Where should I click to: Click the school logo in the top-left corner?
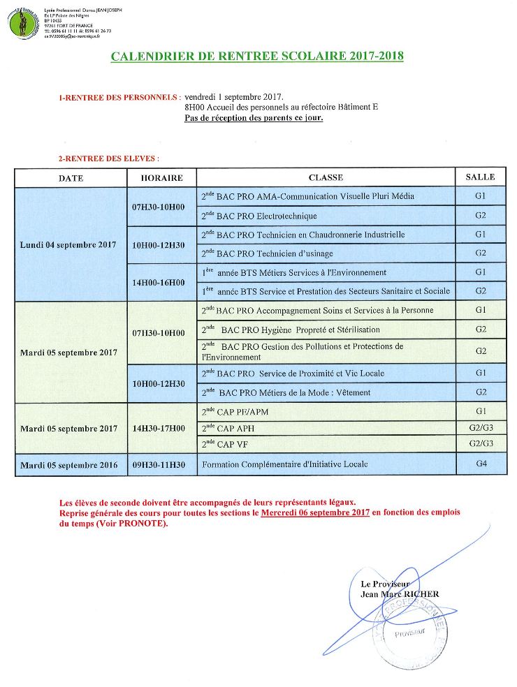tap(22, 22)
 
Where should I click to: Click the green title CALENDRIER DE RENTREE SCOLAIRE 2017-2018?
tap(257, 57)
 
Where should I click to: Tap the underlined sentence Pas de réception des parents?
tap(254, 118)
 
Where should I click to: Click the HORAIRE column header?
tap(161, 178)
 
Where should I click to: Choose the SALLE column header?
tap(480, 177)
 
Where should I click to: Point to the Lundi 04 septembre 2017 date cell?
tap(70, 245)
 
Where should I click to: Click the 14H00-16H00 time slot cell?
tap(158, 282)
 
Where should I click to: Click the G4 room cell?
tap(480, 464)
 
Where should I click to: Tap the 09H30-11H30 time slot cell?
tap(158, 464)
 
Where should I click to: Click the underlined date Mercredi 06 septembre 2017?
tap(315, 513)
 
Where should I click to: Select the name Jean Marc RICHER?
tap(399, 594)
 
